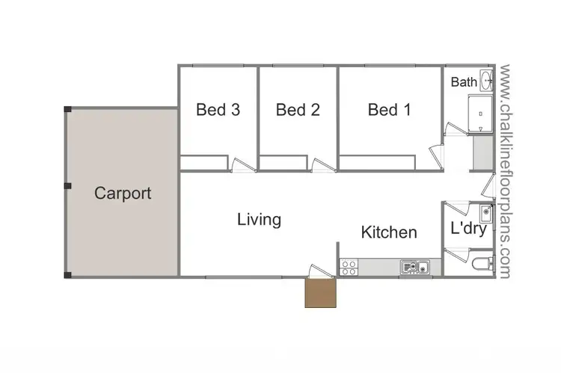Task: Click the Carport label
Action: pyautogui.click(x=123, y=194)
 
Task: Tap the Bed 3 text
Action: pyautogui.click(x=218, y=110)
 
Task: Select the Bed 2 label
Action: pyautogui.click(x=298, y=110)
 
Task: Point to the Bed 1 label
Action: pyautogui.click(x=389, y=110)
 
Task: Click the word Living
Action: pyautogui.click(x=259, y=220)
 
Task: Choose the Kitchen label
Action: pyautogui.click(x=389, y=232)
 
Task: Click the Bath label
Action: pyautogui.click(x=463, y=81)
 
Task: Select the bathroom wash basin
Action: pyautogui.click(x=486, y=80)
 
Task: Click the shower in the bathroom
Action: pyautogui.click(x=481, y=113)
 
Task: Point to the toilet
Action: pyautogui.click(x=484, y=263)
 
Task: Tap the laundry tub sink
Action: pyautogui.click(x=485, y=215)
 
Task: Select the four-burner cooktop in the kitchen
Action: pyautogui.click(x=348, y=267)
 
